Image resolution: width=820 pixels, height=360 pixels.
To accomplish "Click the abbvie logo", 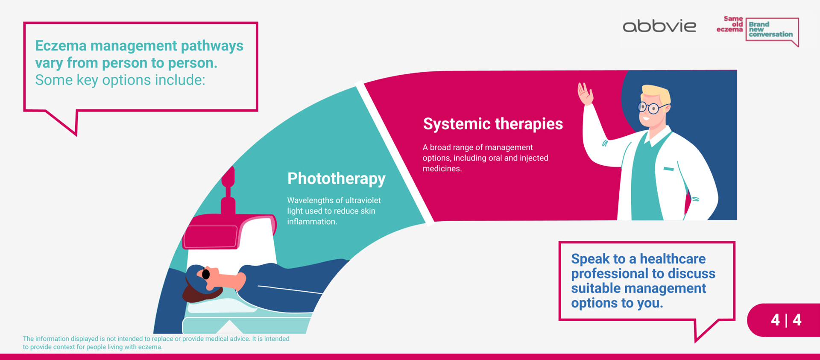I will coord(659,26).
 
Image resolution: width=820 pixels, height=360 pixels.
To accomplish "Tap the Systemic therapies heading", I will coord(492,124).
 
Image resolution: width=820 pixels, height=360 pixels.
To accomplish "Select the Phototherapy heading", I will coord(336,179).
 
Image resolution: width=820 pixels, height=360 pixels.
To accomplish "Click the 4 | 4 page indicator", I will coord(786,320).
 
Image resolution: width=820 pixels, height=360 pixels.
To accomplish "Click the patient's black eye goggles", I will coord(206,274).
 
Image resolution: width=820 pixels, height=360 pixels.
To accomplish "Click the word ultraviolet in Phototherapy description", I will coord(363,200).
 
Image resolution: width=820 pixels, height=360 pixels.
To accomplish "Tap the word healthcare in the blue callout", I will coord(672,259).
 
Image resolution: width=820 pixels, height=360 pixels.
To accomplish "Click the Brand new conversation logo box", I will coord(771,30).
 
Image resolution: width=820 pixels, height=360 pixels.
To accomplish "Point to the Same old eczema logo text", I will coord(731,24).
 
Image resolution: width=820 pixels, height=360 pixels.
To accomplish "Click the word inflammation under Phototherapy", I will coord(312,222).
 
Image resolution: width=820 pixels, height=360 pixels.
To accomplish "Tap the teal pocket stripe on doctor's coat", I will coord(668,169).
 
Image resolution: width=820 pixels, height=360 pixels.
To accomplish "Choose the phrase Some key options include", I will coord(120,80).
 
